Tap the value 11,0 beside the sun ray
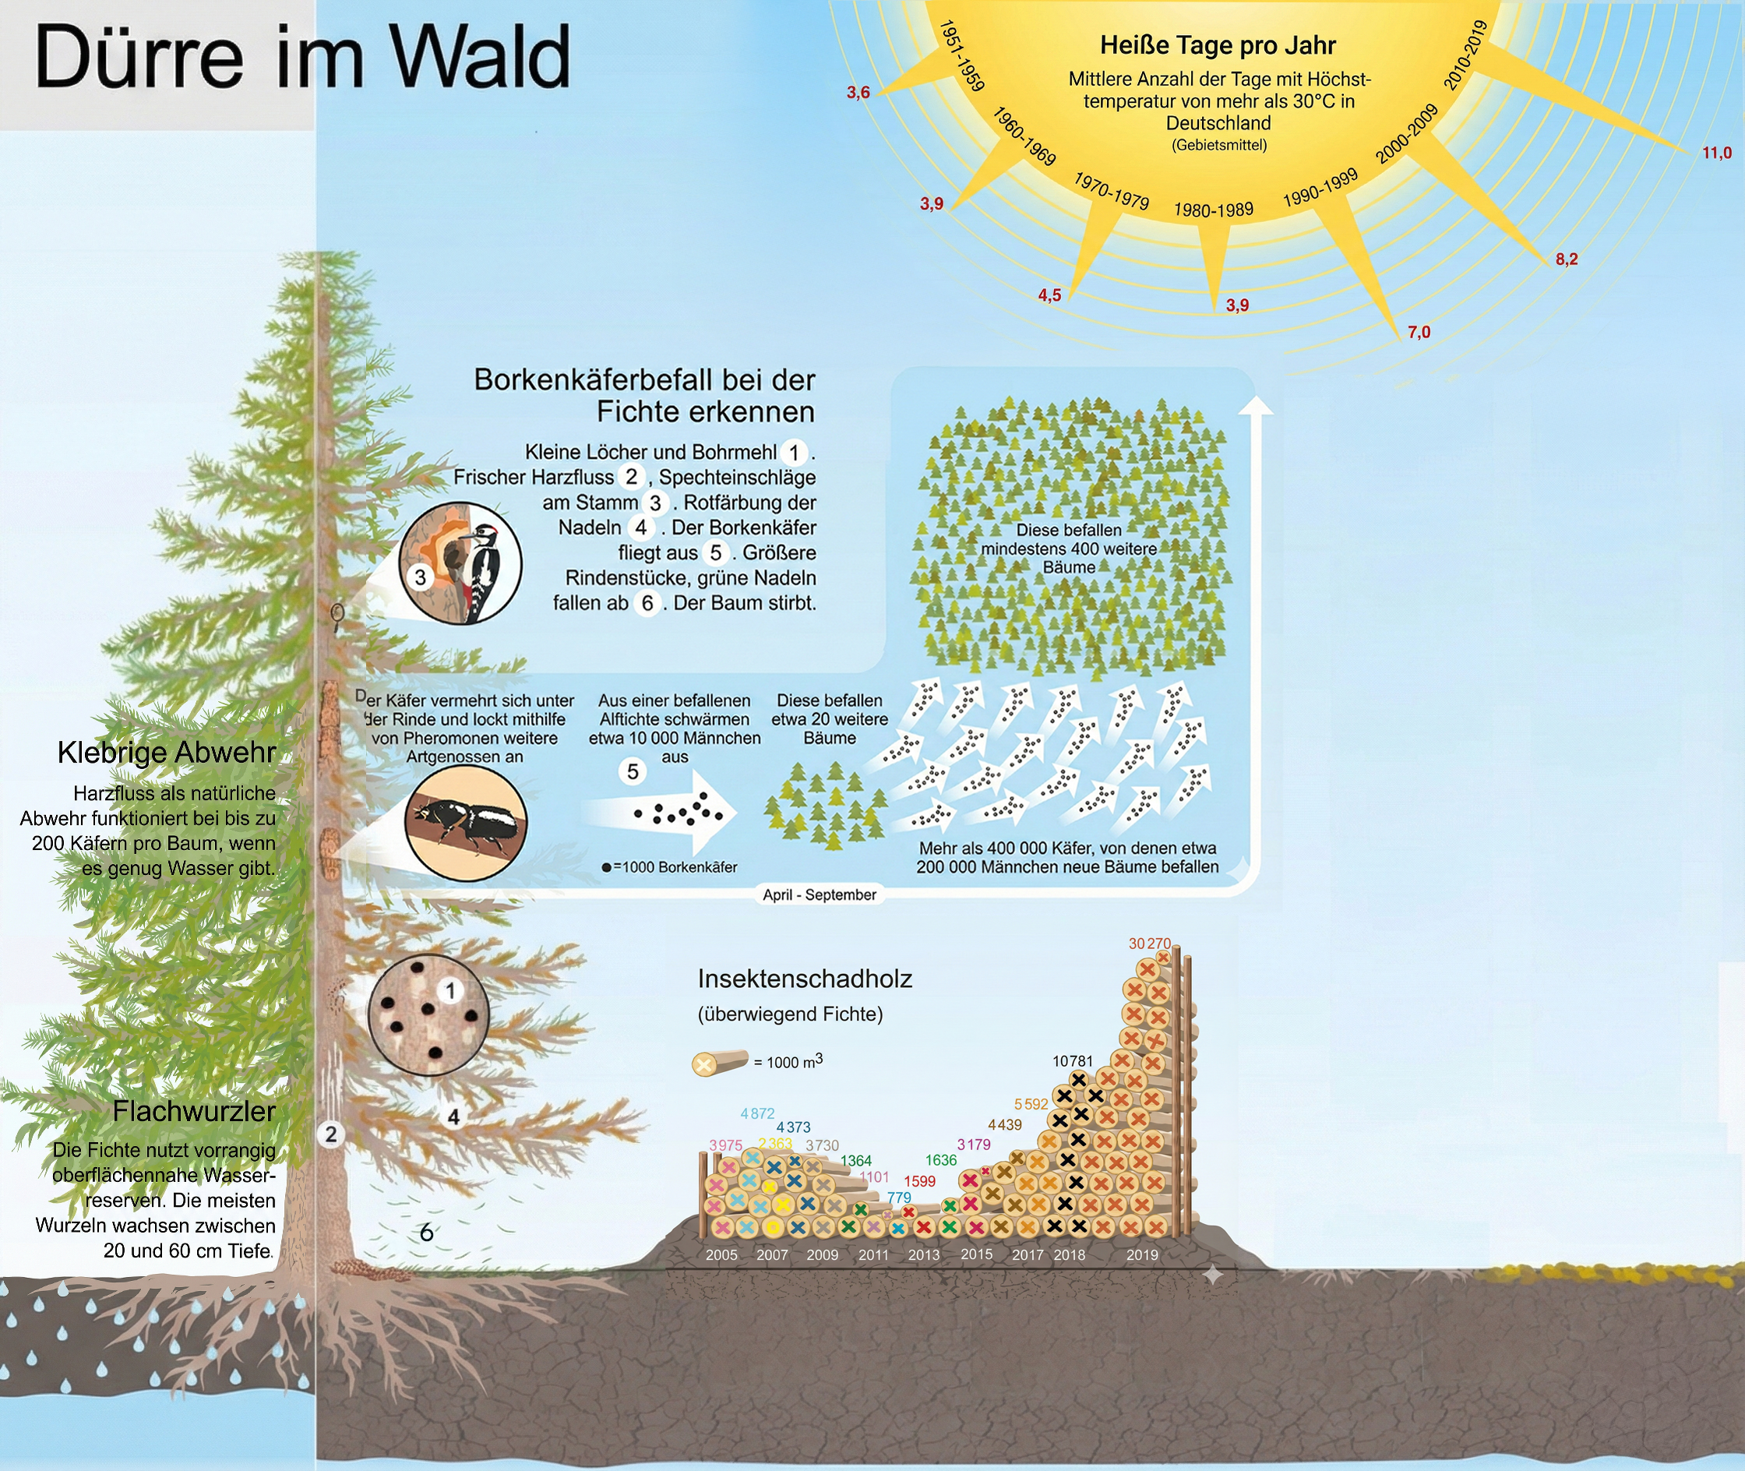1717,153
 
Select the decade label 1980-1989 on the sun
1213,210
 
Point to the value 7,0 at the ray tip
1419,332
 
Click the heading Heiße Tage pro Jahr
1218,45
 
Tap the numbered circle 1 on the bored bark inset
450,991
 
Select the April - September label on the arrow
820,894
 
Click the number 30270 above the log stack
1149,944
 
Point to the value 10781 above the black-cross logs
1072,1060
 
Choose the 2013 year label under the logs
924,1254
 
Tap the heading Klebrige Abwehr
167,752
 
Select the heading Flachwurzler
193,1111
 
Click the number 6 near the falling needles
426,1232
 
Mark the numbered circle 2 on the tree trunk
331,1134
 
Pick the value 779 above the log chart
899,1198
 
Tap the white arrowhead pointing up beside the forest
1256,406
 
